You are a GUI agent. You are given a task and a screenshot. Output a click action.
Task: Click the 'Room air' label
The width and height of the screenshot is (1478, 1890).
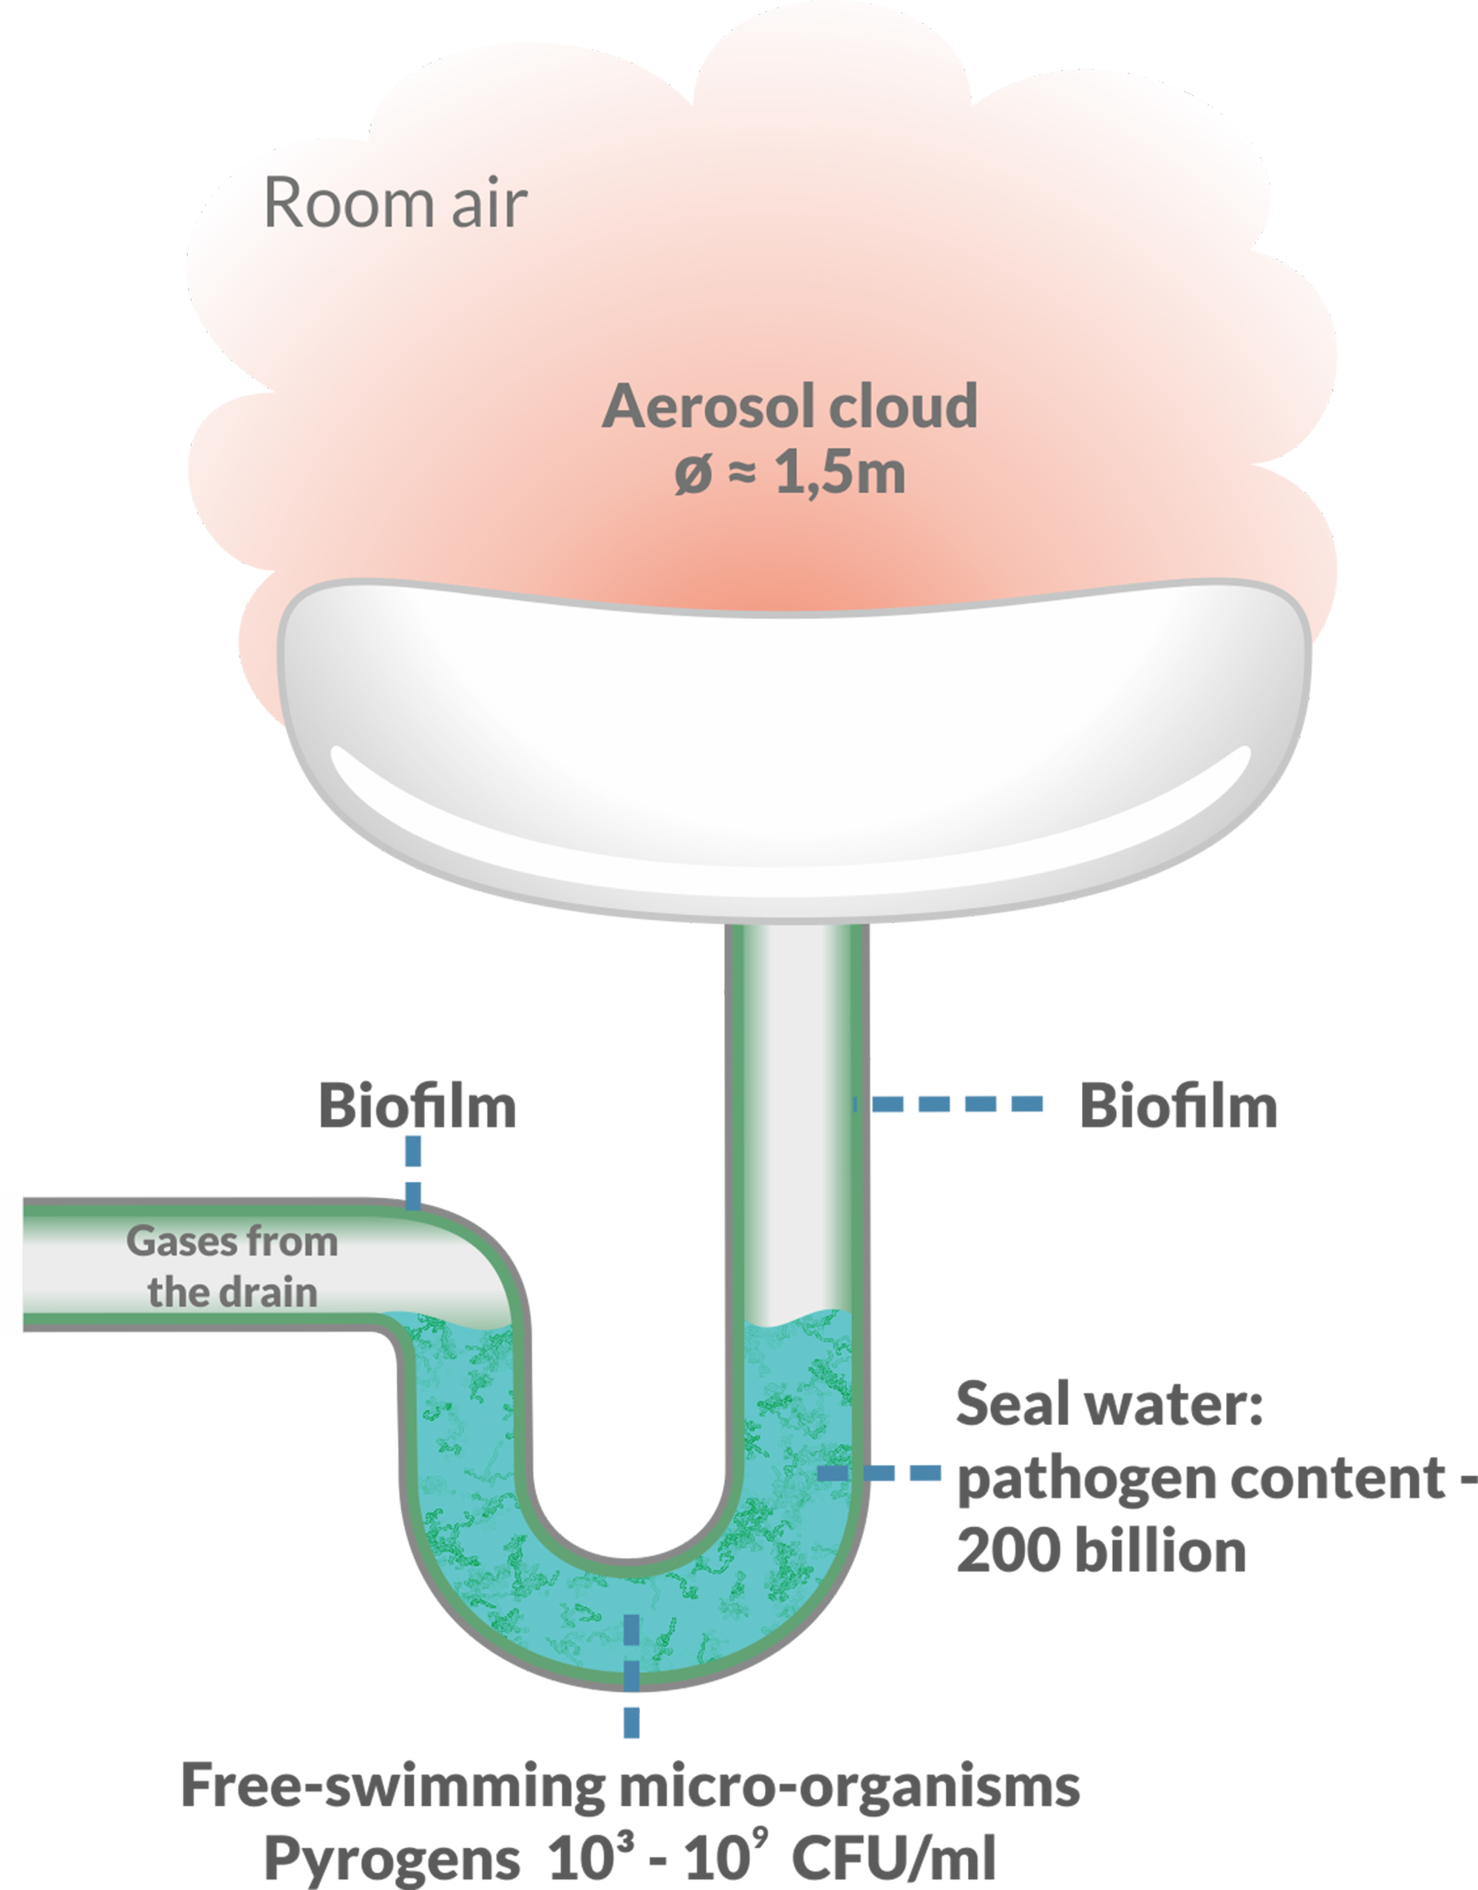[395, 203]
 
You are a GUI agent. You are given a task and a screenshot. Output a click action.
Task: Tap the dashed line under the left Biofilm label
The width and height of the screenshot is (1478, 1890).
[414, 1172]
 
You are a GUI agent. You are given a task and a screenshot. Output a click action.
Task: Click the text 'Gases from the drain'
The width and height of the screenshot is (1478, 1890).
[232, 1266]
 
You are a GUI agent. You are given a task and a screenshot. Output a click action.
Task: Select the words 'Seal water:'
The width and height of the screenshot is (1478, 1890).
[1109, 1404]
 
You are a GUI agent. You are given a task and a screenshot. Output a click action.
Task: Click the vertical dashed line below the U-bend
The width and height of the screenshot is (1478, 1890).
[632, 1674]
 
